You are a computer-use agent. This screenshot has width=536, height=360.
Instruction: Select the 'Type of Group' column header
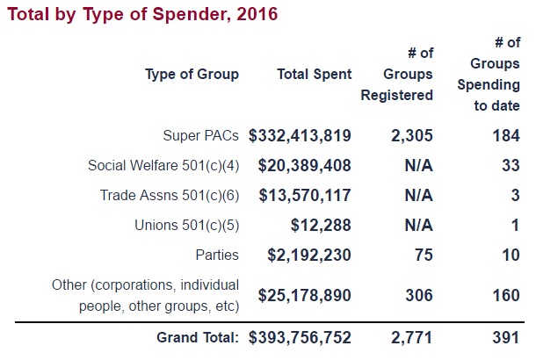[x=192, y=75]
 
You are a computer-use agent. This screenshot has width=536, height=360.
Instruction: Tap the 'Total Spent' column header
[x=314, y=75]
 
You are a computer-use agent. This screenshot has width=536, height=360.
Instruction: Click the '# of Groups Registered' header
[x=396, y=75]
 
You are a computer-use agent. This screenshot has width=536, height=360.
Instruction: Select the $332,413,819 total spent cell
[x=300, y=136]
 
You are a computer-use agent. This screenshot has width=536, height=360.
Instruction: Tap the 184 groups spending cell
[x=506, y=136]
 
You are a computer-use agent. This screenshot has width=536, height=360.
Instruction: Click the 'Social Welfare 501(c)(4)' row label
[x=163, y=166]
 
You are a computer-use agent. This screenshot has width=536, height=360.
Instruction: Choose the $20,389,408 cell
[x=305, y=166]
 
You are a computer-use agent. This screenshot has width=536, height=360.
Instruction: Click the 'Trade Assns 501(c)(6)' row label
[x=167, y=196]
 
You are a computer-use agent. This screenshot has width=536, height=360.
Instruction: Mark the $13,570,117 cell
[x=305, y=196]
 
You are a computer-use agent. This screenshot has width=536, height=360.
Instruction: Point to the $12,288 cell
[x=322, y=226]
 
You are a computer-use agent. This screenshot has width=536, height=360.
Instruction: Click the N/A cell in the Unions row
[x=418, y=226]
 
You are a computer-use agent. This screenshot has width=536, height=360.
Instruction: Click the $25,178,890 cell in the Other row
[x=305, y=295]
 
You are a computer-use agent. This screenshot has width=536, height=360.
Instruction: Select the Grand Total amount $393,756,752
[x=300, y=336]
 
